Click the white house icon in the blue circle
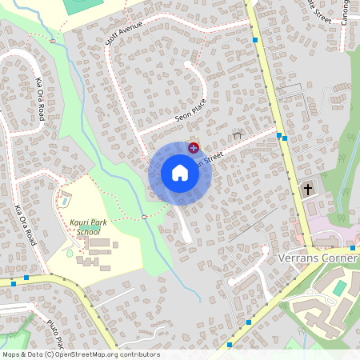(180, 173)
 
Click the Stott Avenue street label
(123, 33)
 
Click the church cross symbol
(308, 190)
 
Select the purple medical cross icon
(193, 146)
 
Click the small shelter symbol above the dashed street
(237, 135)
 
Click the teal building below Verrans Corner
(340, 287)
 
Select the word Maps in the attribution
(11, 354)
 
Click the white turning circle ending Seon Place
(188, 64)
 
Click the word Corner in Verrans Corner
(339, 258)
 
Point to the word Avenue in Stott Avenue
(130, 29)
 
